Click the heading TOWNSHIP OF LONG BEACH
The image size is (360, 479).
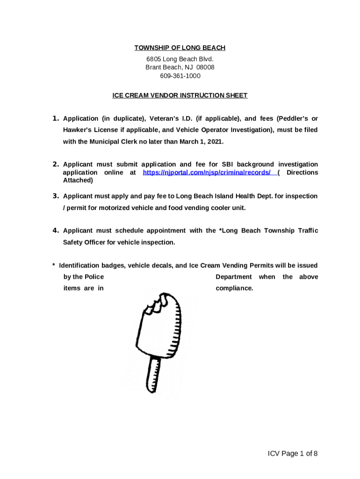(180, 48)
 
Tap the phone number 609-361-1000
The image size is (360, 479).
(180, 76)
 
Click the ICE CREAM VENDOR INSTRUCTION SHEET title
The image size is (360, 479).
(180, 95)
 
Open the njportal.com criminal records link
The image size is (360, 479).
(207, 173)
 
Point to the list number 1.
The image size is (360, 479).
(55, 118)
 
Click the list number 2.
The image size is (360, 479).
(55, 164)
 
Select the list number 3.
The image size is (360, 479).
(55, 196)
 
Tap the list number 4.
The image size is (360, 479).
(55, 230)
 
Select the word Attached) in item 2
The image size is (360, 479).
(78, 180)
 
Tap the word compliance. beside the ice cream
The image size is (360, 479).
(234, 288)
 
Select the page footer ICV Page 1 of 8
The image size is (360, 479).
(293, 453)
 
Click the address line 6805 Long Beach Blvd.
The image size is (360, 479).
(180, 59)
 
